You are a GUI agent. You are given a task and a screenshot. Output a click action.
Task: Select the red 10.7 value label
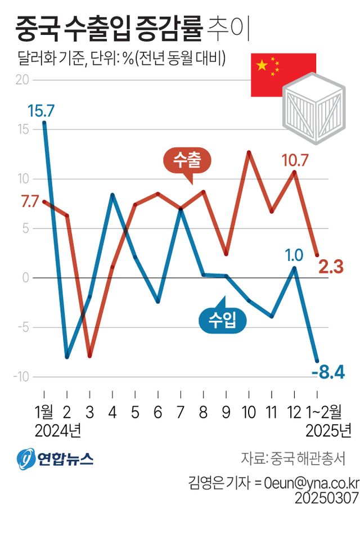295,160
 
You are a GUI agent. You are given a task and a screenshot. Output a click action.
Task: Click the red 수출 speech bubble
186,161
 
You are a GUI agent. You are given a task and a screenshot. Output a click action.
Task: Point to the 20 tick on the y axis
22,80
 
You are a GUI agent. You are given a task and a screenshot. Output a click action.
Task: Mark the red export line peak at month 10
249,152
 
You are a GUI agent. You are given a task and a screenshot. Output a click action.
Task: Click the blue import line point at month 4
112,195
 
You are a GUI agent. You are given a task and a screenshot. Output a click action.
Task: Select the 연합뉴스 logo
55,459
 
